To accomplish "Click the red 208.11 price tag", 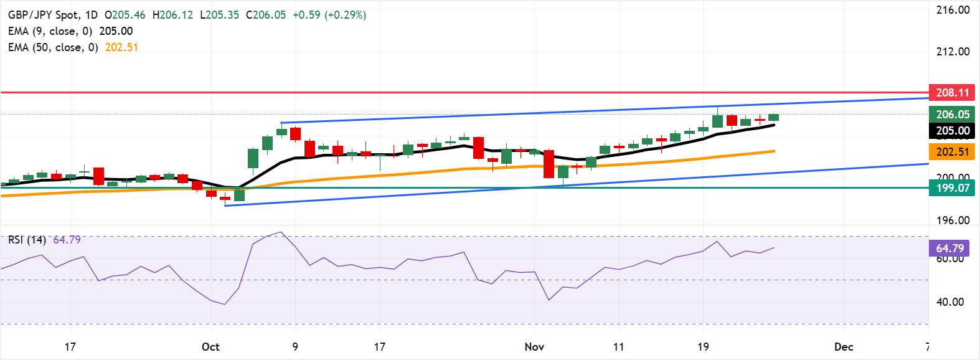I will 952,93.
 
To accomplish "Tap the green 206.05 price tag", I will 952,114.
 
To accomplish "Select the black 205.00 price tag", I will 952,130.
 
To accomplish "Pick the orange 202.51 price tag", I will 952,151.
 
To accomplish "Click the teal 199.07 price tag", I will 952,187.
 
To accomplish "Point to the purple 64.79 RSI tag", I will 949,248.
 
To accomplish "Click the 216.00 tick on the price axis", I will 953,10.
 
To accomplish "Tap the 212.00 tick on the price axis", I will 953,52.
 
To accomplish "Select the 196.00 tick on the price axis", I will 953,220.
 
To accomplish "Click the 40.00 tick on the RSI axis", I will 950,302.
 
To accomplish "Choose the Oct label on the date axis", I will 210,347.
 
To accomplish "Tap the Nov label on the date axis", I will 534,347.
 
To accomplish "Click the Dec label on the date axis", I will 844,347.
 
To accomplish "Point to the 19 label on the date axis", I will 703,347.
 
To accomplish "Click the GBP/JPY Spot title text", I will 43,15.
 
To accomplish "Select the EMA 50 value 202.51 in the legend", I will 121,47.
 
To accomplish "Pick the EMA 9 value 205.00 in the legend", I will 116,31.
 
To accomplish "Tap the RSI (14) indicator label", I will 27,240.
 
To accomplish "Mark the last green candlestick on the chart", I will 774,117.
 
